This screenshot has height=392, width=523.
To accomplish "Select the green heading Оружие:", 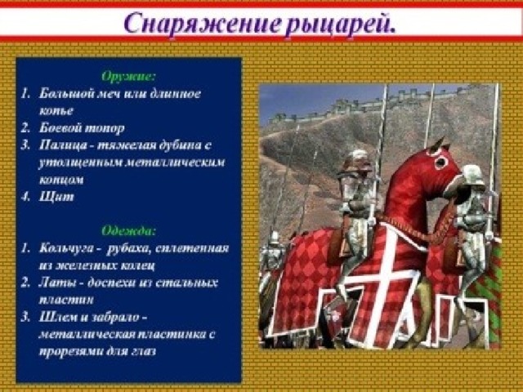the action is tap(128, 77).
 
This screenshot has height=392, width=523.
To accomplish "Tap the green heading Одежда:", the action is tap(128, 230).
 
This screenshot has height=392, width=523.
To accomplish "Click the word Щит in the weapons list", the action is tap(56, 197).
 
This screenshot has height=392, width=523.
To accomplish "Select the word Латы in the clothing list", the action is tap(56, 283).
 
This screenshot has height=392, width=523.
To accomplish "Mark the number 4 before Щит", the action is tap(25, 197).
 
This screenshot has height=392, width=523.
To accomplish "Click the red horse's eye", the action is tap(441, 163).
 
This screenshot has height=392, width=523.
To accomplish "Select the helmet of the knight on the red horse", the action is tap(355, 161).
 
